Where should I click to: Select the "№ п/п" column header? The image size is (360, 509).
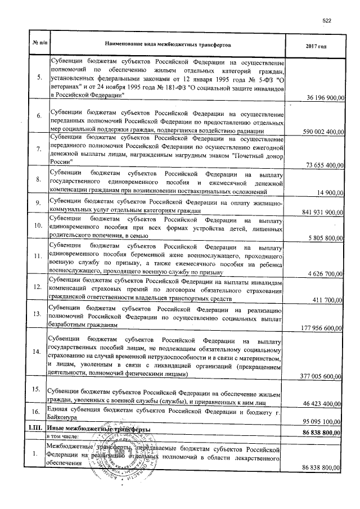[x=38, y=44]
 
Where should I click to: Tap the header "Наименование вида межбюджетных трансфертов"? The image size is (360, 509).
[x=168, y=44]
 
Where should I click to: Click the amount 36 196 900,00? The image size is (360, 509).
[x=322, y=98]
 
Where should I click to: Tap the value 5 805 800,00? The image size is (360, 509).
[x=324, y=238]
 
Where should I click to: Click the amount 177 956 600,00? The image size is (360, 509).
[x=321, y=328]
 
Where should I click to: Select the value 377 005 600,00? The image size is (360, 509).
[x=321, y=376]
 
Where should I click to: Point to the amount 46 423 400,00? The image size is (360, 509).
[x=322, y=404]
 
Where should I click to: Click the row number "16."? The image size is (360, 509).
[x=38, y=413]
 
